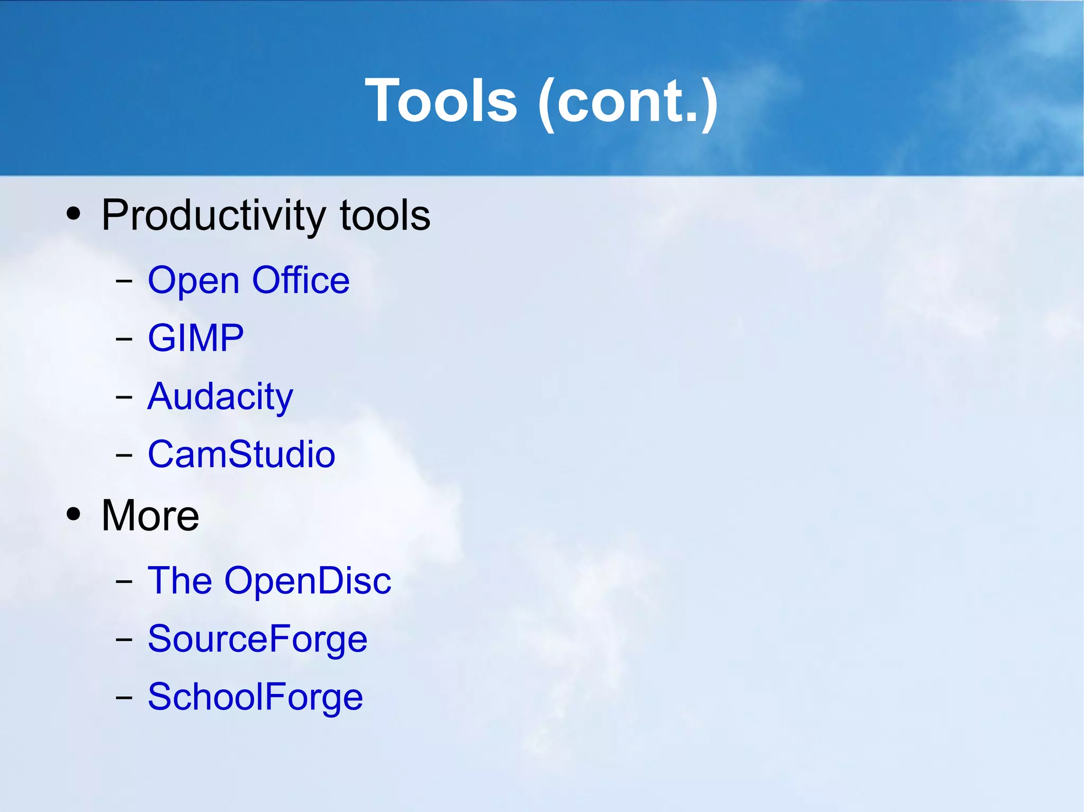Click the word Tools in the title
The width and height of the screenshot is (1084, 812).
click(441, 101)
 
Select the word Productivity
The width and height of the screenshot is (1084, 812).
click(214, 216)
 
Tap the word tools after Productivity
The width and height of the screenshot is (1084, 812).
click(385, 216)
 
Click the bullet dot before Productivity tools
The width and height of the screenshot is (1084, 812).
click(74, 214)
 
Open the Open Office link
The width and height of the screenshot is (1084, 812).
click(248, 280)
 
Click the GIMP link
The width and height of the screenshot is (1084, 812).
click(195, 338)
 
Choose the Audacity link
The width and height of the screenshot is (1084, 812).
click(220, 397)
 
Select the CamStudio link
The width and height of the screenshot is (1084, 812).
click(241, 454)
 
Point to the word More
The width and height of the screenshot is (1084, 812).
click(150, 515)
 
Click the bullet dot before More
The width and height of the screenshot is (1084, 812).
click(74, 514)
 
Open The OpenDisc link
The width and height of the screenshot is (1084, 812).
click(269, 581)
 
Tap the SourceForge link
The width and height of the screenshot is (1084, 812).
click(257, 639)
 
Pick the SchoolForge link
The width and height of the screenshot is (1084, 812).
click(255, 697)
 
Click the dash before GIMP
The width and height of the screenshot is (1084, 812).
click(124, 338)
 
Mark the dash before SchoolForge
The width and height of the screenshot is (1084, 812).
click(124, 697)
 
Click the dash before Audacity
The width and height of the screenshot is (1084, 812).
click(124, 396)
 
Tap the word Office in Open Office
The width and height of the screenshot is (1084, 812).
click(301, 280)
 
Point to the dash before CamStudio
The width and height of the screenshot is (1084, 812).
click(124, 454)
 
